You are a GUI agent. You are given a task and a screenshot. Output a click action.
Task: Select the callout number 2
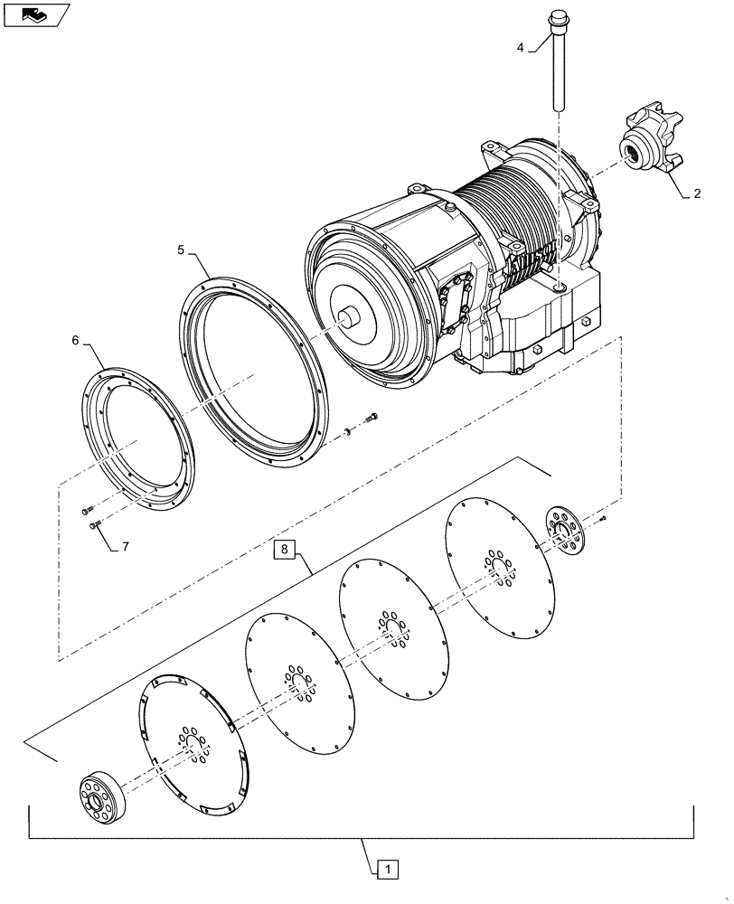click(x=697, y=193)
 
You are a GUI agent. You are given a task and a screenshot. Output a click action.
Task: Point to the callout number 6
click(x=75, y=341)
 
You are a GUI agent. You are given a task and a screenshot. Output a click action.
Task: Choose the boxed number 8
click(x=285, y=549)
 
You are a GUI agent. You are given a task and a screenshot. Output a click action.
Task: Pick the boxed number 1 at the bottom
click(x=385, y=870)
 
